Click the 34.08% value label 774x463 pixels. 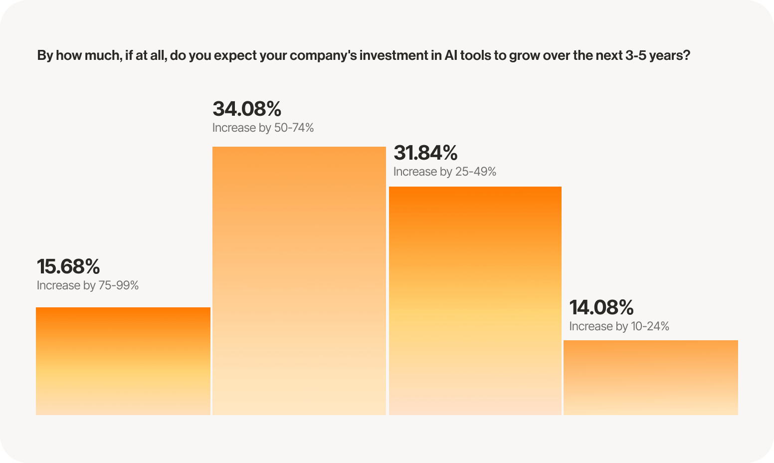point(247,109)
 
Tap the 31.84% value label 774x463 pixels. point(425,153)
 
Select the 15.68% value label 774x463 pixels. point(68,266)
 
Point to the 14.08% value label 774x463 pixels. point(601,307)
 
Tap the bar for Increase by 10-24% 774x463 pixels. point(651,377)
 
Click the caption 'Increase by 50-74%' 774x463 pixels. point(263,128)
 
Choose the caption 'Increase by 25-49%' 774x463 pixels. point(444,172)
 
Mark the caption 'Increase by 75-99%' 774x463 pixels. point(88,286)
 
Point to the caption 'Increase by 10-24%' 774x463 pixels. point(619,327)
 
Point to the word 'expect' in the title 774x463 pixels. point(236,55)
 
